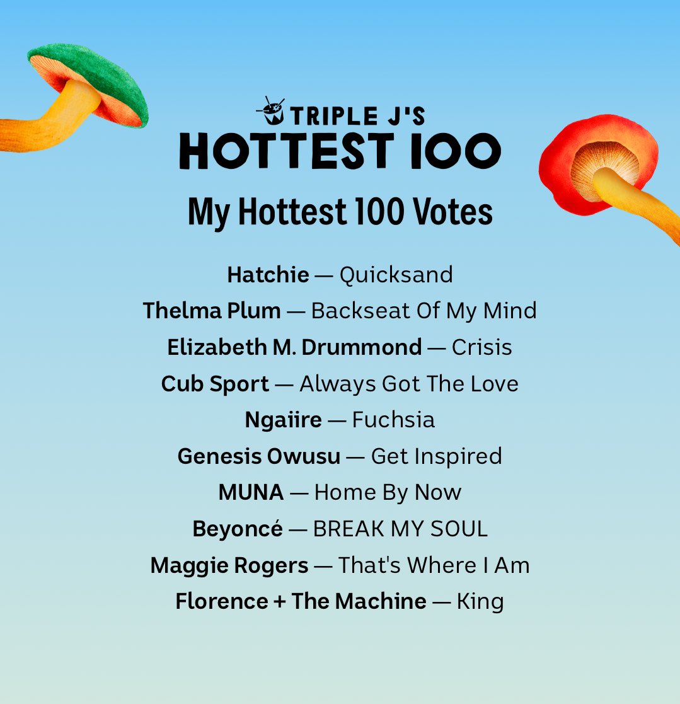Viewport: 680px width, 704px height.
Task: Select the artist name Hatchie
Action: tap(268, 275)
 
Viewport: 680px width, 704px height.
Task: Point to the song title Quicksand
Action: tap(396, 275)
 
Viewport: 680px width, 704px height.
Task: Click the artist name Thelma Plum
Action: tap(212, 311)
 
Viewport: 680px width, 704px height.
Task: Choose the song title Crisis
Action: tap(481, 347)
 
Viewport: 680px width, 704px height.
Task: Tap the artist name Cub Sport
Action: tap(215, 384)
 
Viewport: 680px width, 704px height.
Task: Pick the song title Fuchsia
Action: tap(393, 420)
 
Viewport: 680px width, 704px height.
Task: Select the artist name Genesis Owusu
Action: tap(258, 456)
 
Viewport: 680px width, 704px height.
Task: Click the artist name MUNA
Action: tap(251, 492)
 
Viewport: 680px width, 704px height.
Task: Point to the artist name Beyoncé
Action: tap(238, 529)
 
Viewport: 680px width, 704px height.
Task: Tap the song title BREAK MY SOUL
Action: tap(400, 529)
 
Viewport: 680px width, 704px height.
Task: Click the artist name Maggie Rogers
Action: tap(229, 565)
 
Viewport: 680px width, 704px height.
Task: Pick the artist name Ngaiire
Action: tap(283, 420)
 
